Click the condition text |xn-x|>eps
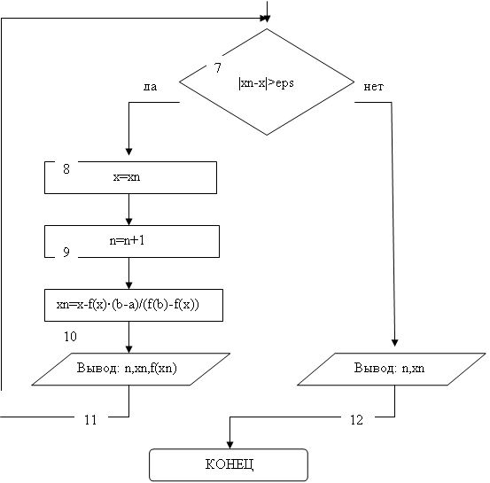click(266, 83)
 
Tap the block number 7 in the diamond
click(217, 67)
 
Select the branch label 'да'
click(150, 87)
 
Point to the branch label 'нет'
click(373, 87)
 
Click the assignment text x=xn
click(127, 177)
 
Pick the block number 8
click(66, 168)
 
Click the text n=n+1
click(127, 240)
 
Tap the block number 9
click(66, 252)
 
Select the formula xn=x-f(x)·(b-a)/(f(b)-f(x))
click(128, 305)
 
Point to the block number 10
click(70, 337)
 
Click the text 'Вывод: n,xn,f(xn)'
click(127, 368)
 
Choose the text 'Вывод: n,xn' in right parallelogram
click(389, 368)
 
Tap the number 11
click(90, 420)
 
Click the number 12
click(356, 420)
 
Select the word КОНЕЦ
click(229, 464)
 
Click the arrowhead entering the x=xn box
click(128, 152)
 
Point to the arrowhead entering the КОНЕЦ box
click(229, 445)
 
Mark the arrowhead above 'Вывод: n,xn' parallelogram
click(394, 343)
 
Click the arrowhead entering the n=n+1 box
click(128, 222)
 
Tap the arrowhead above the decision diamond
click(267, 19)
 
